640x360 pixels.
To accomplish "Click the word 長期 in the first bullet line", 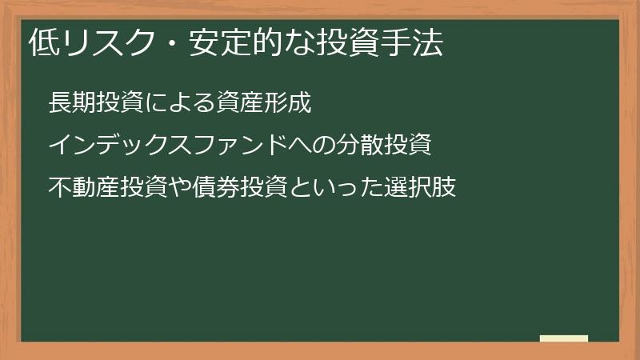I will (72, 104).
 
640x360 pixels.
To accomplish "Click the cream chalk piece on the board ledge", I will (563, 338).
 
